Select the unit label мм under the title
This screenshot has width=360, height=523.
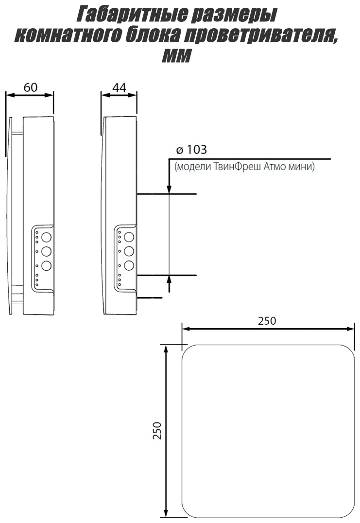click(x=176, y=55)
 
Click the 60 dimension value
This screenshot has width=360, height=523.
click(x=30, y=87)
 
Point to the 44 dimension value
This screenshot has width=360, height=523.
click(x=120, y=87)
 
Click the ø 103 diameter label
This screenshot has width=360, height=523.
click(x=191, y=150)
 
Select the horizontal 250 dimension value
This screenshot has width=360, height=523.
click(x=267, y=320)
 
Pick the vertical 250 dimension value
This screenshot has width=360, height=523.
click(x=157, y=430)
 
